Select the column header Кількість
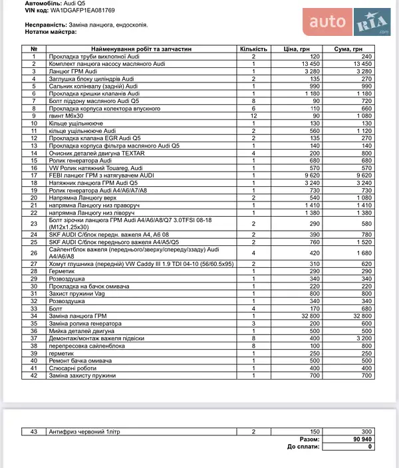click(253, 49)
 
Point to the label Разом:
click(309, 439)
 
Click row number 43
click(34, 432)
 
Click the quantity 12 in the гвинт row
click(253, 116)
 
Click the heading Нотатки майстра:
click(51, 31)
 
